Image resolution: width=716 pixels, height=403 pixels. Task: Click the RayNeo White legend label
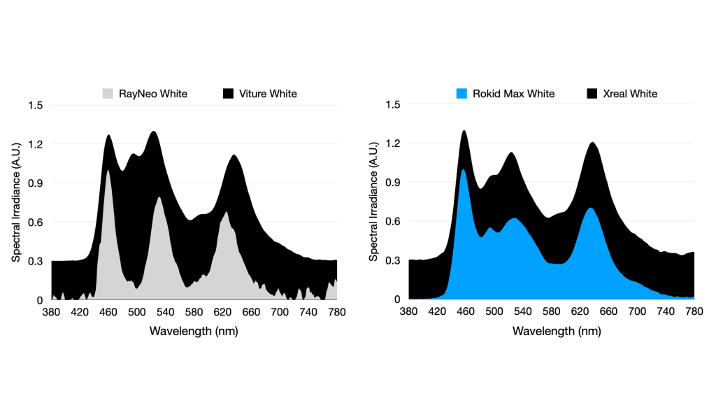[153, 94]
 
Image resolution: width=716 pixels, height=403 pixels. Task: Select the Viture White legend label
[268, 94]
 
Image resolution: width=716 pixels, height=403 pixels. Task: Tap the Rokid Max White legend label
[514, 94]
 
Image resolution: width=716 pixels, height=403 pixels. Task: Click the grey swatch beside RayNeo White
[108, 94]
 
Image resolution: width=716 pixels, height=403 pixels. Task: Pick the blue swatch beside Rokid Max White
[461, 94]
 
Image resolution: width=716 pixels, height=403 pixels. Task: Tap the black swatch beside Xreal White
[592, 94]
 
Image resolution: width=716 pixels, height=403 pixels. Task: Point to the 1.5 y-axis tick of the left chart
[36, 105]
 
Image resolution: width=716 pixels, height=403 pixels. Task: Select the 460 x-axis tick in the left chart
[108, 311]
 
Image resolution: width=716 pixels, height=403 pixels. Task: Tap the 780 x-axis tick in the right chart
[694, 311]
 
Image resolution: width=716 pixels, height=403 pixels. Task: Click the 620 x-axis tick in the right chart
[580, 311]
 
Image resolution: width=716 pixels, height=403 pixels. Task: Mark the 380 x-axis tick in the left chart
[52, 311]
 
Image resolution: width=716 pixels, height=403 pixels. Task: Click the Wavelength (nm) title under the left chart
[194, 331]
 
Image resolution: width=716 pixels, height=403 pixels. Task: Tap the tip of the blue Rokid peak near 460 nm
[462, 169]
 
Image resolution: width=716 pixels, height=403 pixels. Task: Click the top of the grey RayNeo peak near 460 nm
[108, 170]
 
